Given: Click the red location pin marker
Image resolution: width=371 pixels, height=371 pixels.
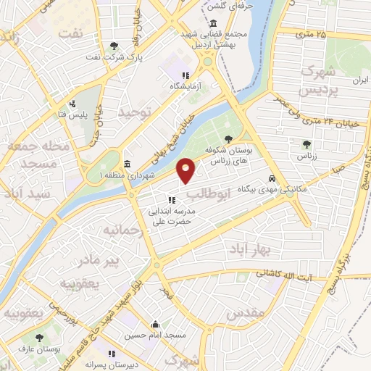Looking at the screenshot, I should [x=186, y=170].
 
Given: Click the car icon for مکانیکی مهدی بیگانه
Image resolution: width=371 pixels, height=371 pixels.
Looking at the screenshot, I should [x=272, y=177].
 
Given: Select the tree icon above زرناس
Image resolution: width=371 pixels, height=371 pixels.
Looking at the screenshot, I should [x=306, y=143].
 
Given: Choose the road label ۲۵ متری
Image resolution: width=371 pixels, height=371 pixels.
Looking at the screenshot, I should [x=312, y=34].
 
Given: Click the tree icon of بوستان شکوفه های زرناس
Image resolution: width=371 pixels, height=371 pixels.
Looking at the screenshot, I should [x=229, y=138].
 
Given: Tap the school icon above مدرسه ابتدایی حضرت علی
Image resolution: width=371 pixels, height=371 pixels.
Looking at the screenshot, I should [x=172, y=200].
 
